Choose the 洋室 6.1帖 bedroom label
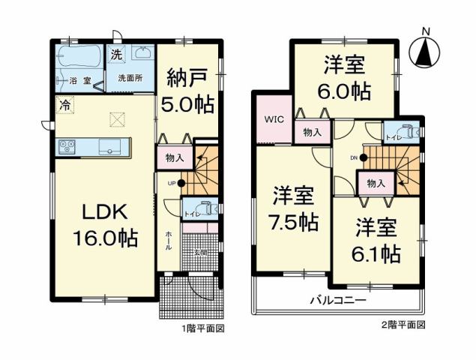[377, 239]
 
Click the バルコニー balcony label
[338, 300]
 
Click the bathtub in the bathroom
[79, 57]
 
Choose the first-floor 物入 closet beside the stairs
[171, 158]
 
